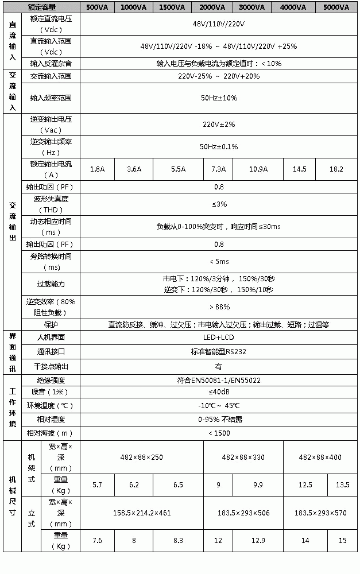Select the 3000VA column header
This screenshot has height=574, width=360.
[251, 7]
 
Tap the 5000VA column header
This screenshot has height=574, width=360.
[336, 7]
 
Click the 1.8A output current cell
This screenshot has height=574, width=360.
[98, 169]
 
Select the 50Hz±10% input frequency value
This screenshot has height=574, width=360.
[219, 98]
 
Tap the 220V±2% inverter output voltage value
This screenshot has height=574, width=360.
[219, 124]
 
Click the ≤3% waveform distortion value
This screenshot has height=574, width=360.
[219, 204]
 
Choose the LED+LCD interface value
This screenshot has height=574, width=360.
[219, 337]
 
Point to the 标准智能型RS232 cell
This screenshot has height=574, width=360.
[219, 351]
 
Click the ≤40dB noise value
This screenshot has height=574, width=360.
[219, 391]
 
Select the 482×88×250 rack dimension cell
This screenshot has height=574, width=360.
[142, 457]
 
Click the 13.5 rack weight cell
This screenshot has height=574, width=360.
[342, 485]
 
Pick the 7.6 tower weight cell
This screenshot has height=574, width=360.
[98, 541]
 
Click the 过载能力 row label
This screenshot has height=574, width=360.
[51, 284]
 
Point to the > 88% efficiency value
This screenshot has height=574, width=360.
[219, 307]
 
